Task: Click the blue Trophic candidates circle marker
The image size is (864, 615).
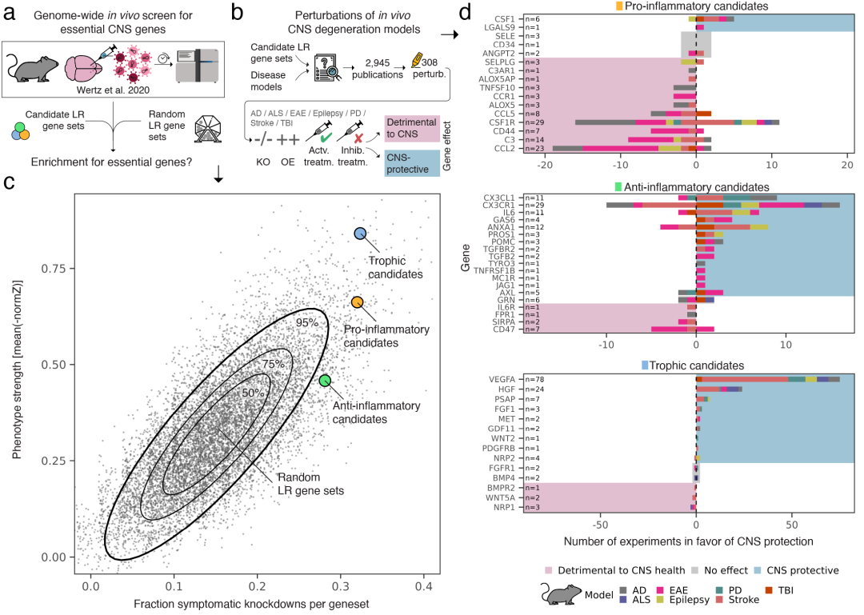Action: point(360,233)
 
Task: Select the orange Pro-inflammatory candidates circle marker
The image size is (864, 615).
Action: point(357,302)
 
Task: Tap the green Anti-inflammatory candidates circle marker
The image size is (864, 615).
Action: point(325,381)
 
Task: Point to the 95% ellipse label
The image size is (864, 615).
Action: point(307,322)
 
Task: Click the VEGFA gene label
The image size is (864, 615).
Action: point(506,377)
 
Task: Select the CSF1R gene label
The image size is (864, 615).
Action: point(507,122)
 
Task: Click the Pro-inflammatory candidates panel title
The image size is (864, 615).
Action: point(695,6)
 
